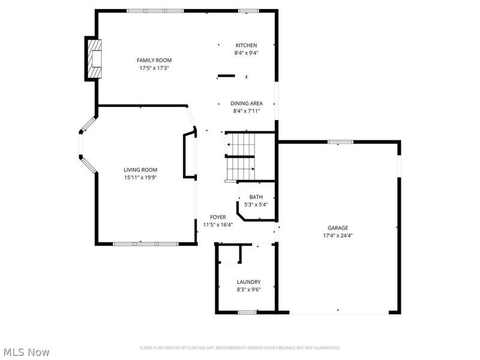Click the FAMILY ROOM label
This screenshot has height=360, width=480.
pos(154,61)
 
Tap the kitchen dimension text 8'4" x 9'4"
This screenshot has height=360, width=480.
pos(247,53)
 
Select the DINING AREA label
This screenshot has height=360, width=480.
pos(247,103)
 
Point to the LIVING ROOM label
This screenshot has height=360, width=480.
pos(140,170)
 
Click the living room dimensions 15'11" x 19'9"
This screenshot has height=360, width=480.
pos(140,178)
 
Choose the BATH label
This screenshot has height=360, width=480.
pos(256,197)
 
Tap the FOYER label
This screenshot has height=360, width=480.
pos(218,217)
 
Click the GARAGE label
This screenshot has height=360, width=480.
pos(338,228)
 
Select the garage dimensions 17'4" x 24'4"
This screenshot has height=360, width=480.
pos(338,235)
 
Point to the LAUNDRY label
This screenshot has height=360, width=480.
pos(248,282)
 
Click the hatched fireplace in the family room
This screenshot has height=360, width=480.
pos(95,59)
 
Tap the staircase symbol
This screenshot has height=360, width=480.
pos(241,157)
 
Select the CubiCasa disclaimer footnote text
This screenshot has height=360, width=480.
pos(240,348)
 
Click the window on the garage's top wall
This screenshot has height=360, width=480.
pos(340,142)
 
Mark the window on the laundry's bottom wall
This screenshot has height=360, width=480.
pos(247,312)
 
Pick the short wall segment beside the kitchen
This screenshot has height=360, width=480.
pos(226,76)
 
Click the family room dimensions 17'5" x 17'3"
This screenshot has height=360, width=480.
pos(154,68)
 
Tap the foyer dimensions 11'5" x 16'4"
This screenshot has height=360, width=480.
pos(218,224)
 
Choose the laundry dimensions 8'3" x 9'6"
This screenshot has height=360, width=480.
pos(248,290)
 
